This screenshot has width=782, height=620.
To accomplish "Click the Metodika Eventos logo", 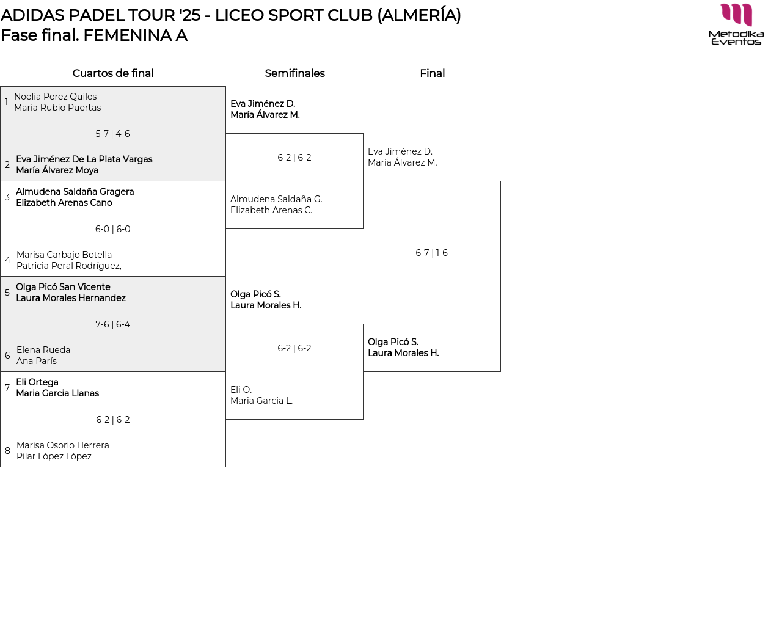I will tap(736, 24).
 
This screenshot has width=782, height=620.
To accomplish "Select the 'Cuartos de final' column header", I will tap(113, 73).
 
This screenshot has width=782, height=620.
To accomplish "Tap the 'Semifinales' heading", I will tap(294, 73).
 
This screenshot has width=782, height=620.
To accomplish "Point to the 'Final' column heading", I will tap(432, 73).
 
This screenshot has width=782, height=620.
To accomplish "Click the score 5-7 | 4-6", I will tap(112, 134).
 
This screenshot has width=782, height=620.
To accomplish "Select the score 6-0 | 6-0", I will tap(112, 229).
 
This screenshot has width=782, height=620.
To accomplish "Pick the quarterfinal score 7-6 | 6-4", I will tap(112, 324).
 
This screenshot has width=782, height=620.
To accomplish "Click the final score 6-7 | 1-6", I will tap(431, 253).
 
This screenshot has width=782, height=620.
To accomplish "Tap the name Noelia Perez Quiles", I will tap(55, 97).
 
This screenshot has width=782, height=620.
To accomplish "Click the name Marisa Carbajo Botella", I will tap(64, 255).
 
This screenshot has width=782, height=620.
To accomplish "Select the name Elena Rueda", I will tap(43, 350).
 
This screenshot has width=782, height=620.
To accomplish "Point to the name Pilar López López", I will tap(54, 456).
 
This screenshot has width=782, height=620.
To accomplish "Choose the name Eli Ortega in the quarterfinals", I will tap(37, 382).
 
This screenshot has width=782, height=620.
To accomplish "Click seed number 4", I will tap(7, 260).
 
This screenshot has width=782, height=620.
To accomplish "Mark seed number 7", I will tap(7, 388).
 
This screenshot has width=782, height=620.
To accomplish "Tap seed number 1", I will tap(6, 102).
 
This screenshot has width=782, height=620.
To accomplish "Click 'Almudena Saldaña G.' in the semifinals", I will tap(276, 199).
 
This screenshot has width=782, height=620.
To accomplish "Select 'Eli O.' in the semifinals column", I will tap(241, 390).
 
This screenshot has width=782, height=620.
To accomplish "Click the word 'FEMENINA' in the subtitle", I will tap(128, 35).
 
